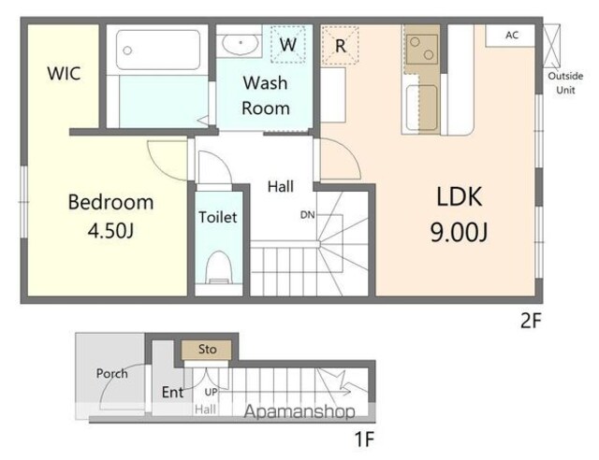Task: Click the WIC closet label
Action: click(64, 73)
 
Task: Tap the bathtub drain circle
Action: click(127, 50)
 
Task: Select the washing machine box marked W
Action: click(288, 44)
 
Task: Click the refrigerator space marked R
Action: click(340, 46)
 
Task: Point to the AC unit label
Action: click(512, 36)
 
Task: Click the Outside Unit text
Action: click(565, 83)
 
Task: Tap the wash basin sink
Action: click(240, 44)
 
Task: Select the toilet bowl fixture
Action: click(218, 267)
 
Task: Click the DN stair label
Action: click(308, 215)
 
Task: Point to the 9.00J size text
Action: click(459, 232)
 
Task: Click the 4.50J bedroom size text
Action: click(110, 230)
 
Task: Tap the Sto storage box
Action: click(206, 350)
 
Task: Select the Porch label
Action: click(112, 373)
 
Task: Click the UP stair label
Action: click(211, 392)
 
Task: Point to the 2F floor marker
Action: click(531, 321)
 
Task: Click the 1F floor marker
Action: click(364, 439)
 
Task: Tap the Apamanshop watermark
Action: click(299, 412)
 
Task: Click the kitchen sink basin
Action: click(421, 108)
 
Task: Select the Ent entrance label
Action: click(172, 392)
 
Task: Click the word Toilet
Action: click(218, 217)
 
